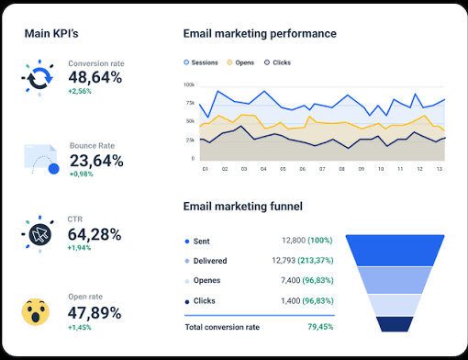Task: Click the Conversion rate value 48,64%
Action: (x=95, y=77)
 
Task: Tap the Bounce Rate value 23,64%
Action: (x=96, y=161)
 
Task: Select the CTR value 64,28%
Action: (x=95, y=234)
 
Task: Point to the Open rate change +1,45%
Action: (x=80, y=328)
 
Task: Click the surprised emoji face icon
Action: (x=36, y=312)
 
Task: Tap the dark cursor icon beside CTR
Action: (x=40, y=235)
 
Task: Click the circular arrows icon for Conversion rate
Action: (x=39, y=78)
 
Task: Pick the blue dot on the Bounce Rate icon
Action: (x=54, y=169)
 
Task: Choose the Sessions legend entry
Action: (x=201, y=62)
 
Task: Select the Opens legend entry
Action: (x=240, y=62)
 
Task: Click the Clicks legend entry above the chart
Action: (x=277, y=62)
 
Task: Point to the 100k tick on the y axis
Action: (x=189, y=84)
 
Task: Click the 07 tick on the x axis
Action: (x=322, y=169)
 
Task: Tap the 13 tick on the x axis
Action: (x=440, y=169)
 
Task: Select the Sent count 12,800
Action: (x=294, y=241)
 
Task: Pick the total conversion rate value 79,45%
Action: (x=320, y=327)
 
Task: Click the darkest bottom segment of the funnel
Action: (x=395, y=324)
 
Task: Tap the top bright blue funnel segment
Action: (x=395, y=251)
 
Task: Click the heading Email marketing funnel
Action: (x=243, y=207)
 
